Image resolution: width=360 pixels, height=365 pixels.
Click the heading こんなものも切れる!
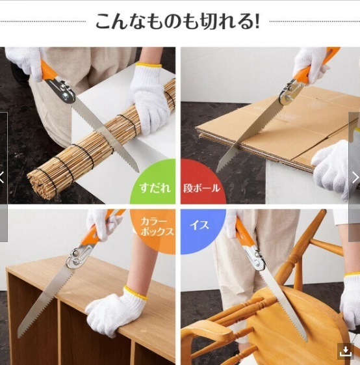(177, 21)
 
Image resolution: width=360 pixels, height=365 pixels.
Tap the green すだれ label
(155, 187)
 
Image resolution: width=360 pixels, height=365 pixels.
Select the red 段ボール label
(201, 188)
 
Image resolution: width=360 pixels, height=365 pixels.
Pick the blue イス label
(199, 225)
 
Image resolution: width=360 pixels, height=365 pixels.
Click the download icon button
(346, 351)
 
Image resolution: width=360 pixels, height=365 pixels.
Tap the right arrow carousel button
(355, 178)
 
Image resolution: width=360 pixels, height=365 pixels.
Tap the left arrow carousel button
(3, 178)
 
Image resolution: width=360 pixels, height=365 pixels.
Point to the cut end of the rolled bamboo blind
(42, 184)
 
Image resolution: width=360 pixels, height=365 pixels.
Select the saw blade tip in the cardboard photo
(218, 171)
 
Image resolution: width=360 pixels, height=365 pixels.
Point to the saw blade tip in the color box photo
(19, 336)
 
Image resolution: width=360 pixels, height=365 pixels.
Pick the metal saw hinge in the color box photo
(79, 256)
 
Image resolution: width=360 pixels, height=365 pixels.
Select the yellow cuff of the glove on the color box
(136, 293)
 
